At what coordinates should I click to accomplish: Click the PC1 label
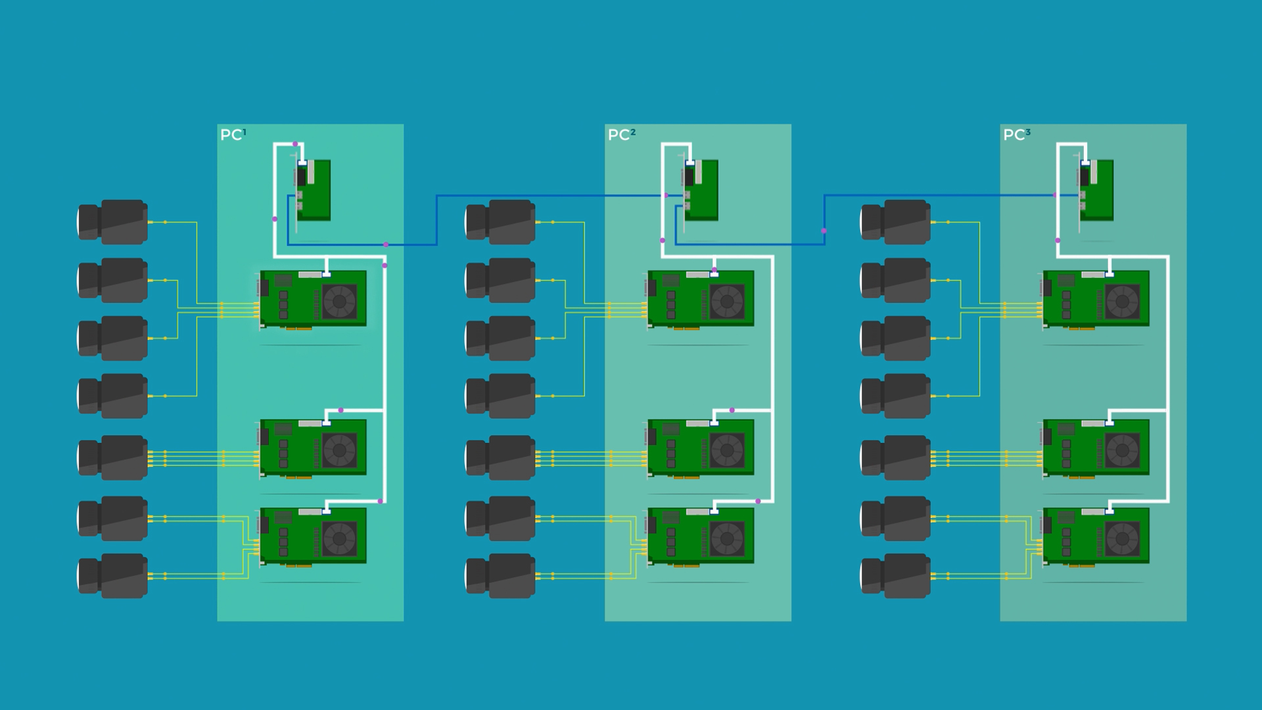[x=233, y=135]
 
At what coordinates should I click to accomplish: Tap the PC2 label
[x=622, y=135]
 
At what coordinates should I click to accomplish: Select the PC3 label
[x=1017, y=135]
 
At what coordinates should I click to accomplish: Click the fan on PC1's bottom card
[x=339, y=539]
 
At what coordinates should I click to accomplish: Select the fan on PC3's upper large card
[x=1123, y=302]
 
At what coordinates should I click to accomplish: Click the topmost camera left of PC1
[x=112, y=222]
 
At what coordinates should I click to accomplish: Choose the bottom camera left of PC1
[x=112, y=576]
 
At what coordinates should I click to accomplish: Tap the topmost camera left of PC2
[x=500, y=222]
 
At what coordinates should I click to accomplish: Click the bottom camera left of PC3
[x=895, y=576]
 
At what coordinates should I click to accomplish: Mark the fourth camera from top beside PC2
[x=500, y=396]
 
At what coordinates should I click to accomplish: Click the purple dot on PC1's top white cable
[x=295, y=144]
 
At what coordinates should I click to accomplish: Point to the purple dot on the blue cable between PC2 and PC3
[x=824, y=231]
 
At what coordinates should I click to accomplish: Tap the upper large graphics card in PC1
[x=313, y=299]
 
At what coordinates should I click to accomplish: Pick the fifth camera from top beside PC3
[x=895, y=458]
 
